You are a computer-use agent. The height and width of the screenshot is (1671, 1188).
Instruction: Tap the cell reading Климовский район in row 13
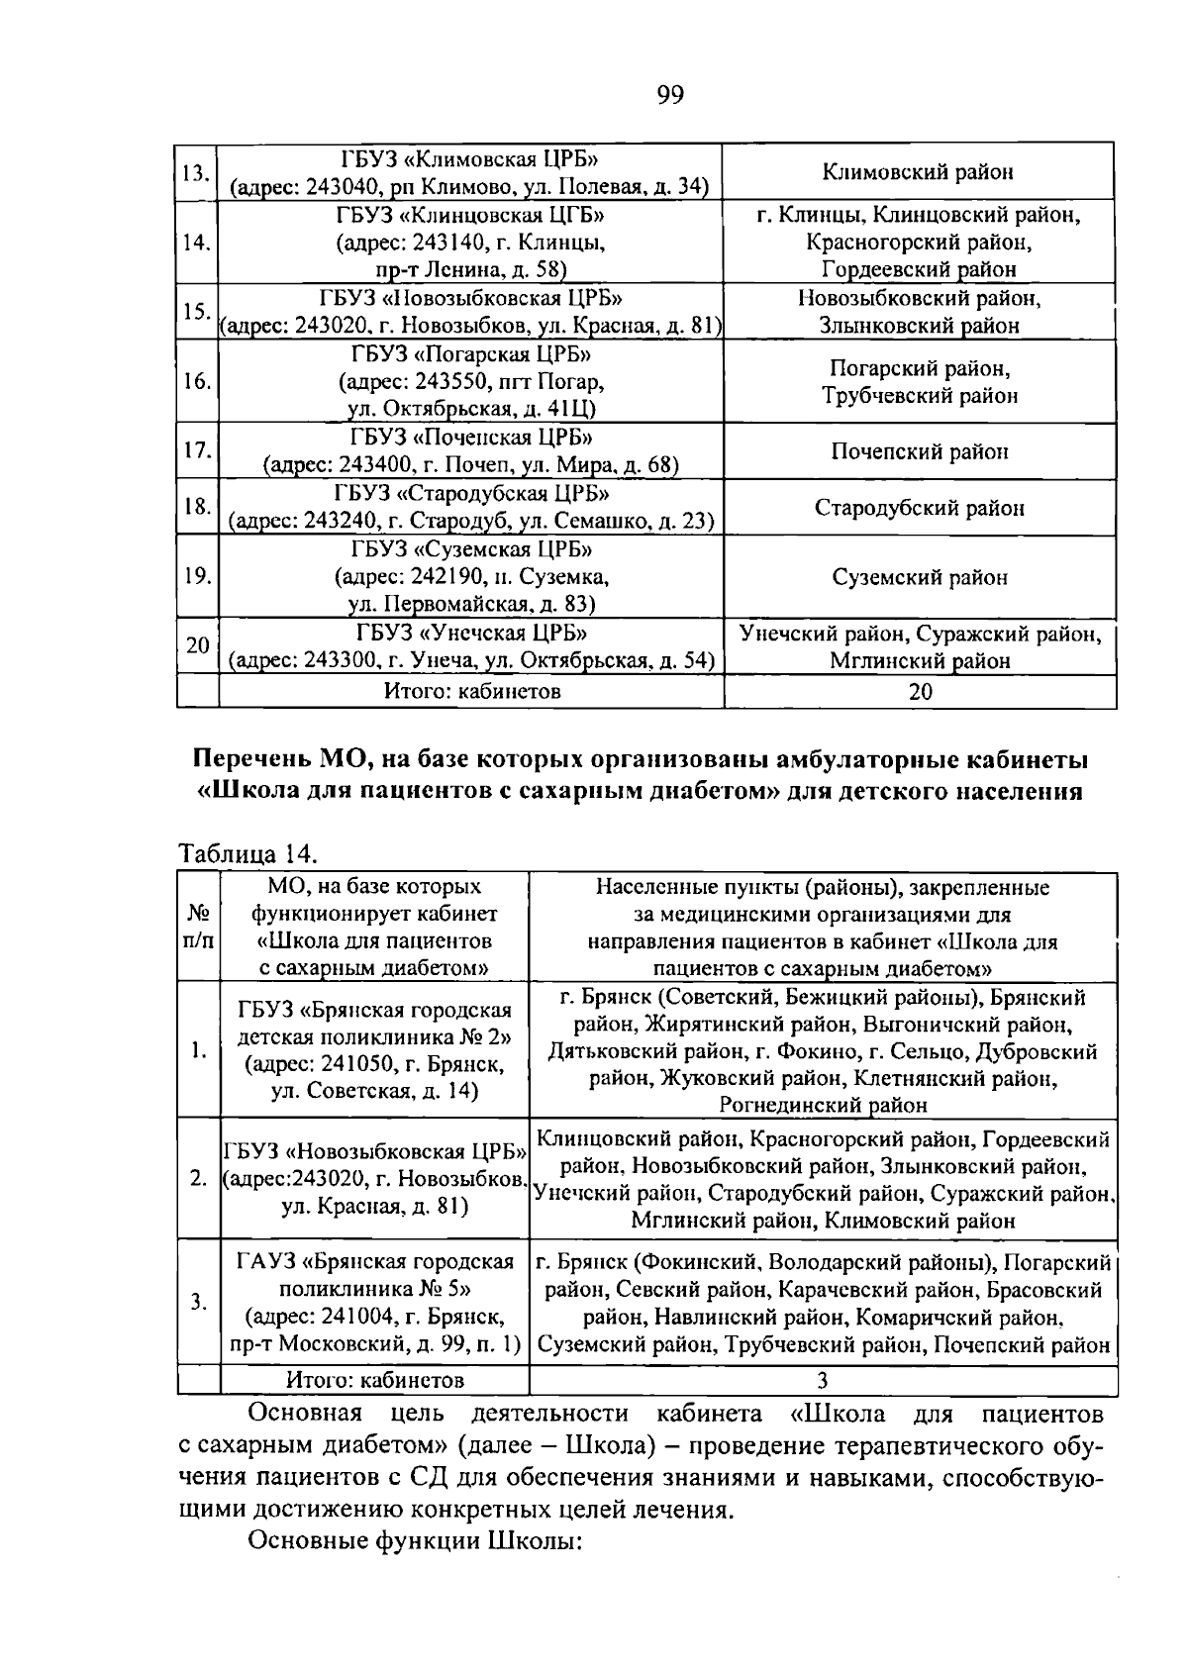coord(918,172)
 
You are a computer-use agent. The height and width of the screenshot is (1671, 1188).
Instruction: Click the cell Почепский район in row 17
coord(919,451)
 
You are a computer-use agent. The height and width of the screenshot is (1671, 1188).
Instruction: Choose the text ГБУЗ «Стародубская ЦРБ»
coord(471,493)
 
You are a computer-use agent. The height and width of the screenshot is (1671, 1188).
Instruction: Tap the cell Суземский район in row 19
coord(919,577)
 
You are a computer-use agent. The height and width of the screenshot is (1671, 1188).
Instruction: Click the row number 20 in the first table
coord(197,645)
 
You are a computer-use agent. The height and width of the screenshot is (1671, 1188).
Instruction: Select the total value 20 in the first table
coord(920,692)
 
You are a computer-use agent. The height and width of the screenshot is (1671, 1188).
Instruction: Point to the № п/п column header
coord(199,926)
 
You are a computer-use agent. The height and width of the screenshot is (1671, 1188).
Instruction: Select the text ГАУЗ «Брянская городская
coord(375,1262)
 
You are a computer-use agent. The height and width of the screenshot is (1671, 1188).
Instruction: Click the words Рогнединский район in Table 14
coord(822,1104)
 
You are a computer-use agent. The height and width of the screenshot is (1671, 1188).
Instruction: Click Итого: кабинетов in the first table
coord(471,692)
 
